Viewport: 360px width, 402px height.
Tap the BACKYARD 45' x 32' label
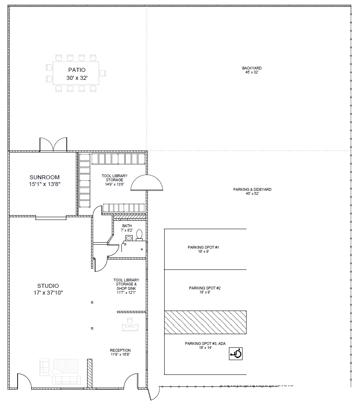252,70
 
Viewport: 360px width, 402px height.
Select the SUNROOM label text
44,177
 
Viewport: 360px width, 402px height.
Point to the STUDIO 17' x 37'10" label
48,289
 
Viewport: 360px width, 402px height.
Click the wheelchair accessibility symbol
236,354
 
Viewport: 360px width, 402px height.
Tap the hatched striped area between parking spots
205,322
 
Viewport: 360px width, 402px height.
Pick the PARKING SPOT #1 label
203,249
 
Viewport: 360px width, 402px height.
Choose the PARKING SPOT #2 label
205,290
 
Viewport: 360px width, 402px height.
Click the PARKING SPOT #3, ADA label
205,345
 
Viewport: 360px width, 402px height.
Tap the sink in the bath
129,238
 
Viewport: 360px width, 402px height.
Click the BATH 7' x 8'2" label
127,228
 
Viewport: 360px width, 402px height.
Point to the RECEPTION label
120,352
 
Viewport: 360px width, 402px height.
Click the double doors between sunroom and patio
53,145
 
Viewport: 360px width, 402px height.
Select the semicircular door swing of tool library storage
147,182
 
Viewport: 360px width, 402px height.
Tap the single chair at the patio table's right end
103,73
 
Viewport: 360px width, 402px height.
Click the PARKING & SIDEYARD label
252,191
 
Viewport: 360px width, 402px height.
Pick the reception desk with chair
130,325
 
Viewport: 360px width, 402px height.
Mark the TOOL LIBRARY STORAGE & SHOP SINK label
126,286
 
